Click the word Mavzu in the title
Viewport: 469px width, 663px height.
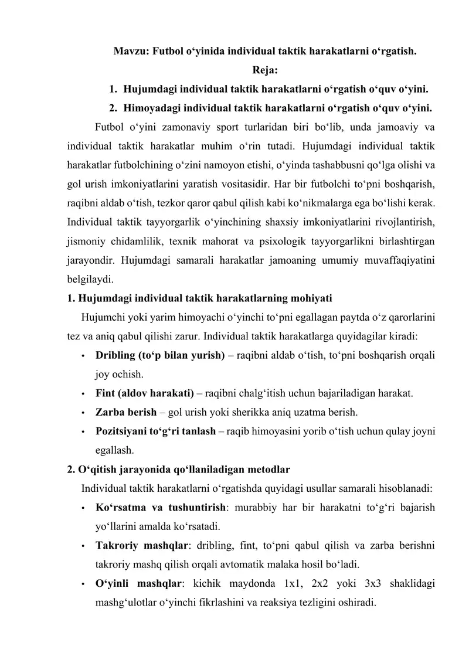tap(130, 51)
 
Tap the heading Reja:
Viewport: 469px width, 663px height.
tap(265, 71)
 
